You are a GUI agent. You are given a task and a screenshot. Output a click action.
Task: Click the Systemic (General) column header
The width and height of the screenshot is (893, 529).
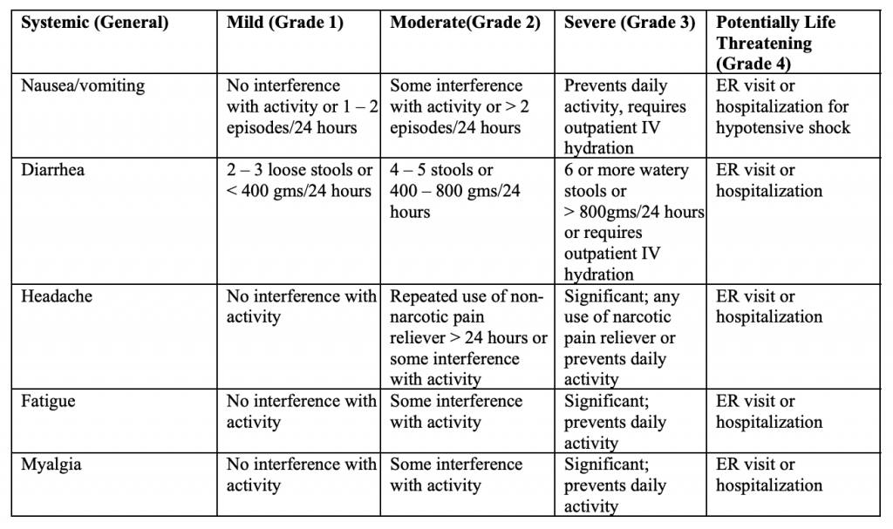click(94, 23)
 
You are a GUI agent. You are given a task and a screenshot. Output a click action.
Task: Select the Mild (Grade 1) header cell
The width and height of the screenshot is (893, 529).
click(285, 23)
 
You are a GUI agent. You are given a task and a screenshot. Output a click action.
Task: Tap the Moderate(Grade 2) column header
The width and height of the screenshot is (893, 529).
click(465, 23)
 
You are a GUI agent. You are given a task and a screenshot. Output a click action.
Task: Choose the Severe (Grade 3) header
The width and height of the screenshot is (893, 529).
click(630, 23)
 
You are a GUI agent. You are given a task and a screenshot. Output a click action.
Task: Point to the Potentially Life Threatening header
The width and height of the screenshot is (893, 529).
click(775, 43)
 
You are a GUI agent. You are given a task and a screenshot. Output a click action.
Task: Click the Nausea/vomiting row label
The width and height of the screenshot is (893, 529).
click(83, 85)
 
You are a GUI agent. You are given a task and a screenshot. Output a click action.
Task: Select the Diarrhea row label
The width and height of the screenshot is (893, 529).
click(52, 170)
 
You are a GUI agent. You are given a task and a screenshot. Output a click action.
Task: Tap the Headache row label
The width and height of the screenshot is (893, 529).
click(57, 296)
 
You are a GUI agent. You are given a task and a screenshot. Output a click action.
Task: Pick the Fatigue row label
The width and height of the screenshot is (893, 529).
click(48, 402)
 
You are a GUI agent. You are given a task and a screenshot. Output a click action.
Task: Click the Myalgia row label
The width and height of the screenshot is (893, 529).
click(51, 465)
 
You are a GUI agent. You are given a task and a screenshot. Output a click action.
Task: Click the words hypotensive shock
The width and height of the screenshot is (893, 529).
click(783, 127)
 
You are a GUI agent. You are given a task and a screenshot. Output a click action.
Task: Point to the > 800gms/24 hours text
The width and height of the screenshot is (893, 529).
click(634, 212)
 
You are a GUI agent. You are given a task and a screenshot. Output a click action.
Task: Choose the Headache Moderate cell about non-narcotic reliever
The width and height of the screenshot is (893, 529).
click(468, 337)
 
